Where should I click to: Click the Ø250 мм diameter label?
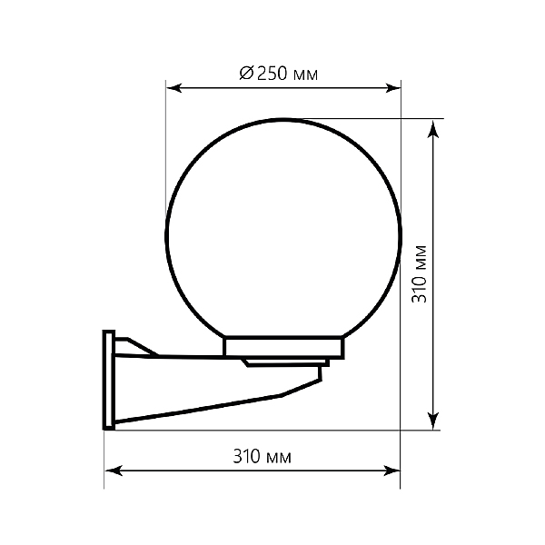click(x=279, y=74)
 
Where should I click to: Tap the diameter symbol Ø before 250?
click(x=247, y=74)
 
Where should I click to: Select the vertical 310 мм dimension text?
click(x=419, y=274)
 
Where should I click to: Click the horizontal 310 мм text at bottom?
click(x=262, y=456)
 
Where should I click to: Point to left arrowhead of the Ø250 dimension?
click(x=173, y=88)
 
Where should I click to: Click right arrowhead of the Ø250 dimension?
click(x=393, y=88)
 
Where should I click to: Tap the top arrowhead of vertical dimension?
click(x=432, y=128)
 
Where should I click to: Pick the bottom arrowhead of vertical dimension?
click(x=432, y=421)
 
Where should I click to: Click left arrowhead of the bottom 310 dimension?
click(x=114, y=471)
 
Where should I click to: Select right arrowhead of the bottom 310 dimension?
click(x=391, y=471)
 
